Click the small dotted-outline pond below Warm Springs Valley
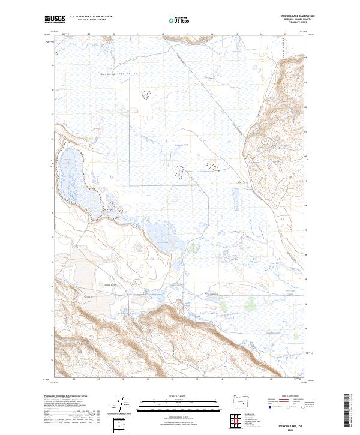point(146,94)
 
